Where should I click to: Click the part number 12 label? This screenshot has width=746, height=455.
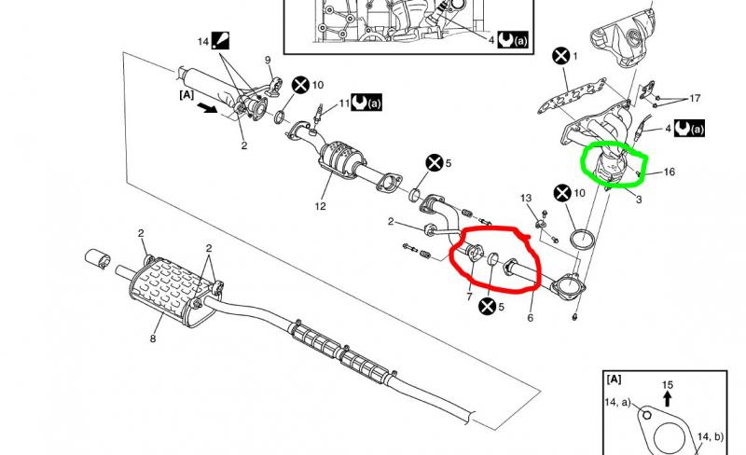(320, 207)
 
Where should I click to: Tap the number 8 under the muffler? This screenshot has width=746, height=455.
(153, 338)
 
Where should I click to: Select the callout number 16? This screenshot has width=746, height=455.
(669, 172)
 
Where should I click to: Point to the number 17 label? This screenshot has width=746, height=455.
(695, 99)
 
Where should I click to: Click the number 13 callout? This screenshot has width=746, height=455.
(526, 198)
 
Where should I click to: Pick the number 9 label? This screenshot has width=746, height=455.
(268, 61)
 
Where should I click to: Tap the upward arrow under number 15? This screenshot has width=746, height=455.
(667, 399)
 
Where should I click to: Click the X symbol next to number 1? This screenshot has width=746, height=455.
(561, 56)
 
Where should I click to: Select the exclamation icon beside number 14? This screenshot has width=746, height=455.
(220, 40)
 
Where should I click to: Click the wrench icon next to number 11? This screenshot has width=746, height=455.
(360, 103)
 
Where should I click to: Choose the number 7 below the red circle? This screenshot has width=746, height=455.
(470, 297)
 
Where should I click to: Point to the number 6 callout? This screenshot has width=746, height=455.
(531, 317)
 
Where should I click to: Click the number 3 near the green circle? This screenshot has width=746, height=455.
(639, 200)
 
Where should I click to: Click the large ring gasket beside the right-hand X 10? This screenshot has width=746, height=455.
(582, 239)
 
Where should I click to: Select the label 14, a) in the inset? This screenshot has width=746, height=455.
(617, 403)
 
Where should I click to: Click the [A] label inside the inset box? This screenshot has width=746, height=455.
(614, 379)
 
